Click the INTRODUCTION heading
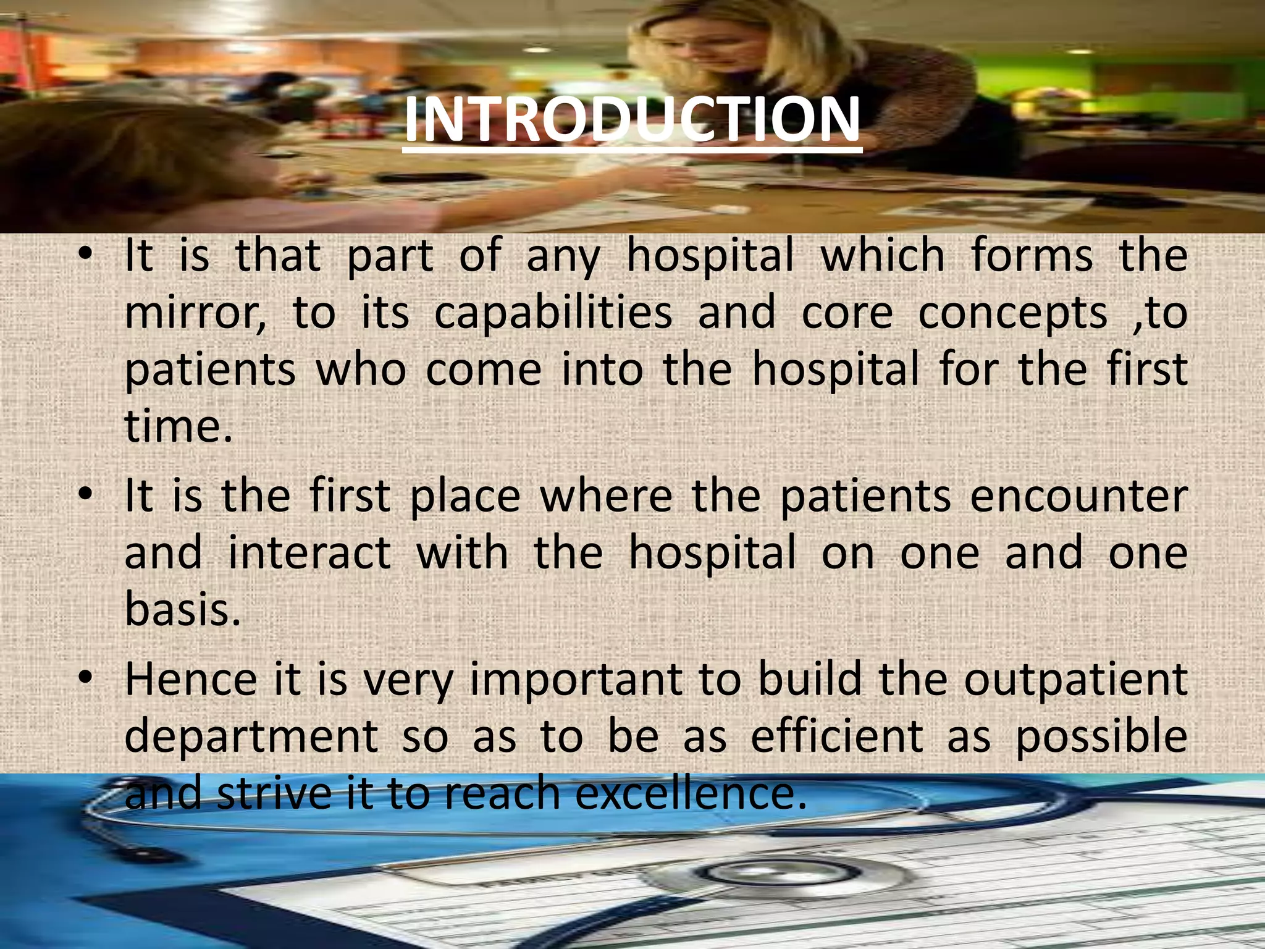coord(632,120)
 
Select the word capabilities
coord(553,313)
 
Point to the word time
coord(179,426)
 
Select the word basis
coord(182,609)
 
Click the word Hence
coord(191,679)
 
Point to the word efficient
coord(837,736)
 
